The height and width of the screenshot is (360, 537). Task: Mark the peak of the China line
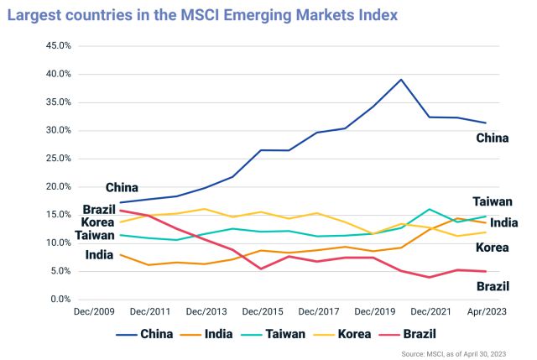pyautogui.click(x=401, y=80)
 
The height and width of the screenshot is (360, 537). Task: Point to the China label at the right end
pyautogui.click(x=492, y=138)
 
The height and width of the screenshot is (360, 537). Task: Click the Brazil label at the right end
pyautogui.click(x=493, y=286)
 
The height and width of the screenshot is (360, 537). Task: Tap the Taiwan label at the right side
pyautogui.click(x=493, y=201)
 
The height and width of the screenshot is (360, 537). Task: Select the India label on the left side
pyautogui.click(x=100, y=254)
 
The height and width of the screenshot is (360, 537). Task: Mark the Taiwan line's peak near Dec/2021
pyautogui.click(x=430, y=209)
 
